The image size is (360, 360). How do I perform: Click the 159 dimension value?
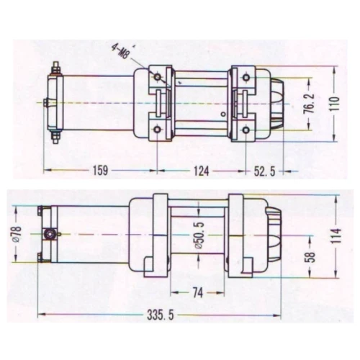pos(99,171)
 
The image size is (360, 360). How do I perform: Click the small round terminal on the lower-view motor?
pos(51,234)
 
